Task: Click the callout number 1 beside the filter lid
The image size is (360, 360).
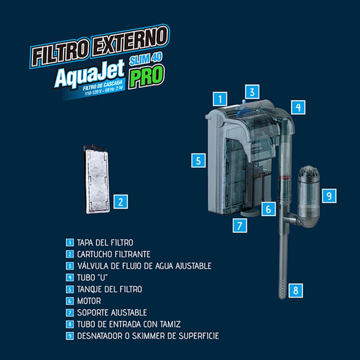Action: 219,98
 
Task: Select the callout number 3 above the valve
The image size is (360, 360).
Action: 252,92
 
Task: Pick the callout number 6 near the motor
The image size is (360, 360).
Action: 268,209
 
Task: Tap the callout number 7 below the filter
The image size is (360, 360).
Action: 240,225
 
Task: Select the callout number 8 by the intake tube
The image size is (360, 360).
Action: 296,290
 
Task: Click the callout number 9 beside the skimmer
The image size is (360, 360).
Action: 329,195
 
